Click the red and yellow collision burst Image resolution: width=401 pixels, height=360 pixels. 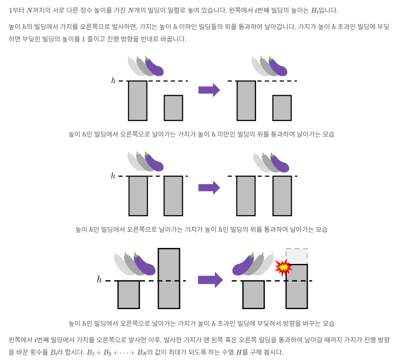click(x=283, y=267)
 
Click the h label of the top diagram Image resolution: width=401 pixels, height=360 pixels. click(x=113, y=81)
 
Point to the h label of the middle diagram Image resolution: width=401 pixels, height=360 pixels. click(x=113, y=176)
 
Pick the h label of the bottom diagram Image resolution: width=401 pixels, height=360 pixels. click(x=99, y=280)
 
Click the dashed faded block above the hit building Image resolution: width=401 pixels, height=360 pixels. click(x=297, y=256)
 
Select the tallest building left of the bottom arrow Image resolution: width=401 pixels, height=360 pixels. click(x=169, y=278)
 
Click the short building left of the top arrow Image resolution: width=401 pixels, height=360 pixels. click(x=173, y=108)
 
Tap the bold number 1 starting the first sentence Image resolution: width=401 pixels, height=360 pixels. click(x=11, y=10)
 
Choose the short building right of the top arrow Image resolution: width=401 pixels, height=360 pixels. click(x=282, y=108)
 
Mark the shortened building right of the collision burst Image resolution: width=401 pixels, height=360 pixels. click(x=297, y=286)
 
